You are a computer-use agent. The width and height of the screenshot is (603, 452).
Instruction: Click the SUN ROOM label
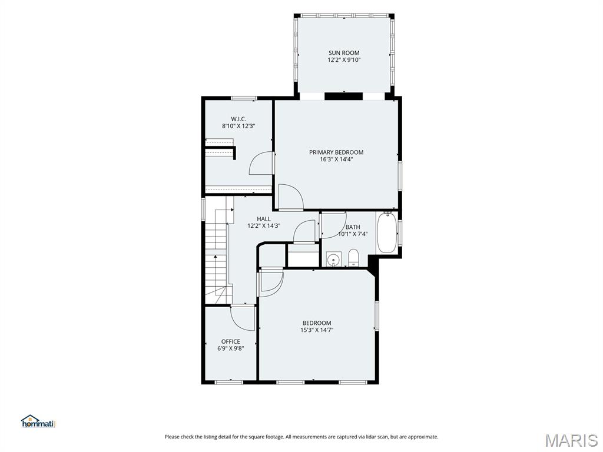coord(344,53)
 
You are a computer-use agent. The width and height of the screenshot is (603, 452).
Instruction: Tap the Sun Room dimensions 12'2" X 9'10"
coord(344,60)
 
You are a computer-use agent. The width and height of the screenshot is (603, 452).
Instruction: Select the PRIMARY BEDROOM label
coord(336,152)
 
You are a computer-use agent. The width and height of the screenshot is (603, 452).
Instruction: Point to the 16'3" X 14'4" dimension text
coord(336,159)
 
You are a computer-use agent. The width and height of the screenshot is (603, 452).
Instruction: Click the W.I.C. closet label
coord(238,119)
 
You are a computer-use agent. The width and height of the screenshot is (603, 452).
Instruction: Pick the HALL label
coord(263,219)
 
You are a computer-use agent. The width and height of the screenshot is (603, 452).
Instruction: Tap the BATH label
coord(353,227)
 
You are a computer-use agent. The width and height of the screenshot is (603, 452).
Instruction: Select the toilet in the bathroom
coord(353,257)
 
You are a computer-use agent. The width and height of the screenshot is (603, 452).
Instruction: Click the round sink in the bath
coord(333,258)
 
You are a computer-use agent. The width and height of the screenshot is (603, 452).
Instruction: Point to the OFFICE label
coord(230,341)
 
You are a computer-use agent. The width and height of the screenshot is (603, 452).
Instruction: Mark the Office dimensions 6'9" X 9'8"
coord(230,348)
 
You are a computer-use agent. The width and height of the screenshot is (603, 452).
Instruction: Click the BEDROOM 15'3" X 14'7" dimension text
coord(316,330)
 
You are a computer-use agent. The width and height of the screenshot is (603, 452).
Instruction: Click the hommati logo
coord(39,421)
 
